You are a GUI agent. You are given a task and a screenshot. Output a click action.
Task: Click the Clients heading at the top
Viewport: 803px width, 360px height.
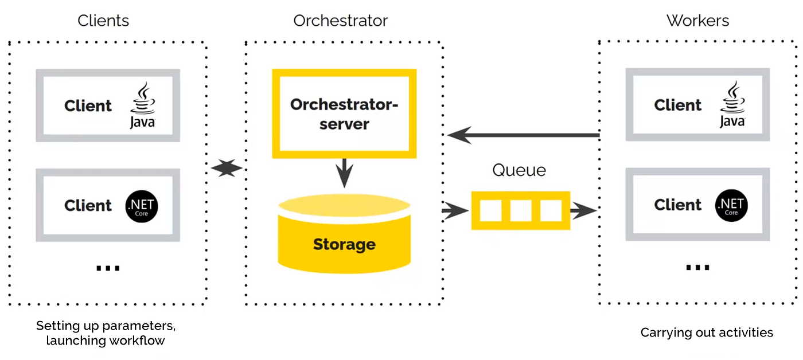[x=103, y=21]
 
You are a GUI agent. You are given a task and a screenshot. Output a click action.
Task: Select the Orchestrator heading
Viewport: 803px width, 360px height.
[x=341, y=21]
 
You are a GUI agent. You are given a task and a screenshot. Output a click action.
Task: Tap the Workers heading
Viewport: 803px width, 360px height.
[x=697, y=21]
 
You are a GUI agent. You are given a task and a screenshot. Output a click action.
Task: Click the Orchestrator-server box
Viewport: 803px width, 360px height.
[x=344, y=114]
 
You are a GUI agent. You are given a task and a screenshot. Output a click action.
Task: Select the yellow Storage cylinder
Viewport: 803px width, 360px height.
[x=344, y=235]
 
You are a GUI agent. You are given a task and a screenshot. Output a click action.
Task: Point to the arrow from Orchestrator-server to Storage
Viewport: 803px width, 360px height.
[x=344, y=172]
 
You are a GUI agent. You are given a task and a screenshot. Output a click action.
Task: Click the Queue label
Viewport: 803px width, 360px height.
[x=519, y=170]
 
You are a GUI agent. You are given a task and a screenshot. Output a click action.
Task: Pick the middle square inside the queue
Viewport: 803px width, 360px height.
[x=521, y=211]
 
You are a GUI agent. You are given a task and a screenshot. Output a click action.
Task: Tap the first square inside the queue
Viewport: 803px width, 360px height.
[x=491, y=211]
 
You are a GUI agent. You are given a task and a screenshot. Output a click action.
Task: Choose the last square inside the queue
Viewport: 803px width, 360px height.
[x=551, y=211]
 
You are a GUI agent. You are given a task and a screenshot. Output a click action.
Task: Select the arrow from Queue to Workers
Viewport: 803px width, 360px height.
[x=584, y=211]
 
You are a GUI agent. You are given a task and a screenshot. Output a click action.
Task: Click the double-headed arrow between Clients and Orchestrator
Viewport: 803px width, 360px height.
[x=227, y=169]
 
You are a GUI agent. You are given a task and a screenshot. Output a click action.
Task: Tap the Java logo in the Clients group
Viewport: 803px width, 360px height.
[x=142, y=105]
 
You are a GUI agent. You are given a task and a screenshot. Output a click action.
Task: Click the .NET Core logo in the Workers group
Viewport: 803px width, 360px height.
[x=731, y=205]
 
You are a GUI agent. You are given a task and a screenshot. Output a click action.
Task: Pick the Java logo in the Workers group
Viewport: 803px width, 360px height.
[x=732, y=105]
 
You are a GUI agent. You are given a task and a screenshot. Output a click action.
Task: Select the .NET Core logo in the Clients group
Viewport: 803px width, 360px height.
[x=142, y=205]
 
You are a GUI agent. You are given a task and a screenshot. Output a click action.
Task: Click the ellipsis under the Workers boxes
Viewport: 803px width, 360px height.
[x=697, y=267]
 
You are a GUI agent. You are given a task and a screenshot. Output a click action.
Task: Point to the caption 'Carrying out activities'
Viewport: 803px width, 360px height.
[x=707, y=332]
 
